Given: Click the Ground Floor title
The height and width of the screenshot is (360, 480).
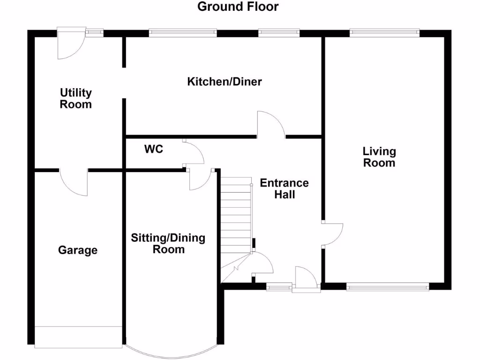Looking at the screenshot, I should point(238,7).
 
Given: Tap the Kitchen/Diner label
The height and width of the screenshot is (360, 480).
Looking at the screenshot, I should point(225,82).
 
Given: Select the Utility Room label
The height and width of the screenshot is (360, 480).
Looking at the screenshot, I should point(75,98).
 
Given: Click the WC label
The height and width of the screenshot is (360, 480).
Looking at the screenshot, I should point(154,150).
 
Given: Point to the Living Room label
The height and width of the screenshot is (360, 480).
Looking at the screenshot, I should point(379,157).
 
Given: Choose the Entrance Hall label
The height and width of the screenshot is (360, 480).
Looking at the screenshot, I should point(285,188).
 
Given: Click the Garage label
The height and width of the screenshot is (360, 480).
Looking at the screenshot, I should point(78,250).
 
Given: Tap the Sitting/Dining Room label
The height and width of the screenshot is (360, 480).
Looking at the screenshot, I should point(168,243).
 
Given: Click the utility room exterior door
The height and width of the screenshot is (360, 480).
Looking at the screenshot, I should point(70,43).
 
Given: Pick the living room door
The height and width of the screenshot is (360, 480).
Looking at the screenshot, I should point(332,234).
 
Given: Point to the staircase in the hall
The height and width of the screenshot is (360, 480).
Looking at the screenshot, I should point(236,220).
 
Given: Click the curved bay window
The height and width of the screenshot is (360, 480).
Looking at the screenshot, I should point(172,353).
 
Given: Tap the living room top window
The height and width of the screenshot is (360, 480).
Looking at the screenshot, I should point(384,32).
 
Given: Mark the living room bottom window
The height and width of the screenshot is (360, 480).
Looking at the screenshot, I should point(387,286).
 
